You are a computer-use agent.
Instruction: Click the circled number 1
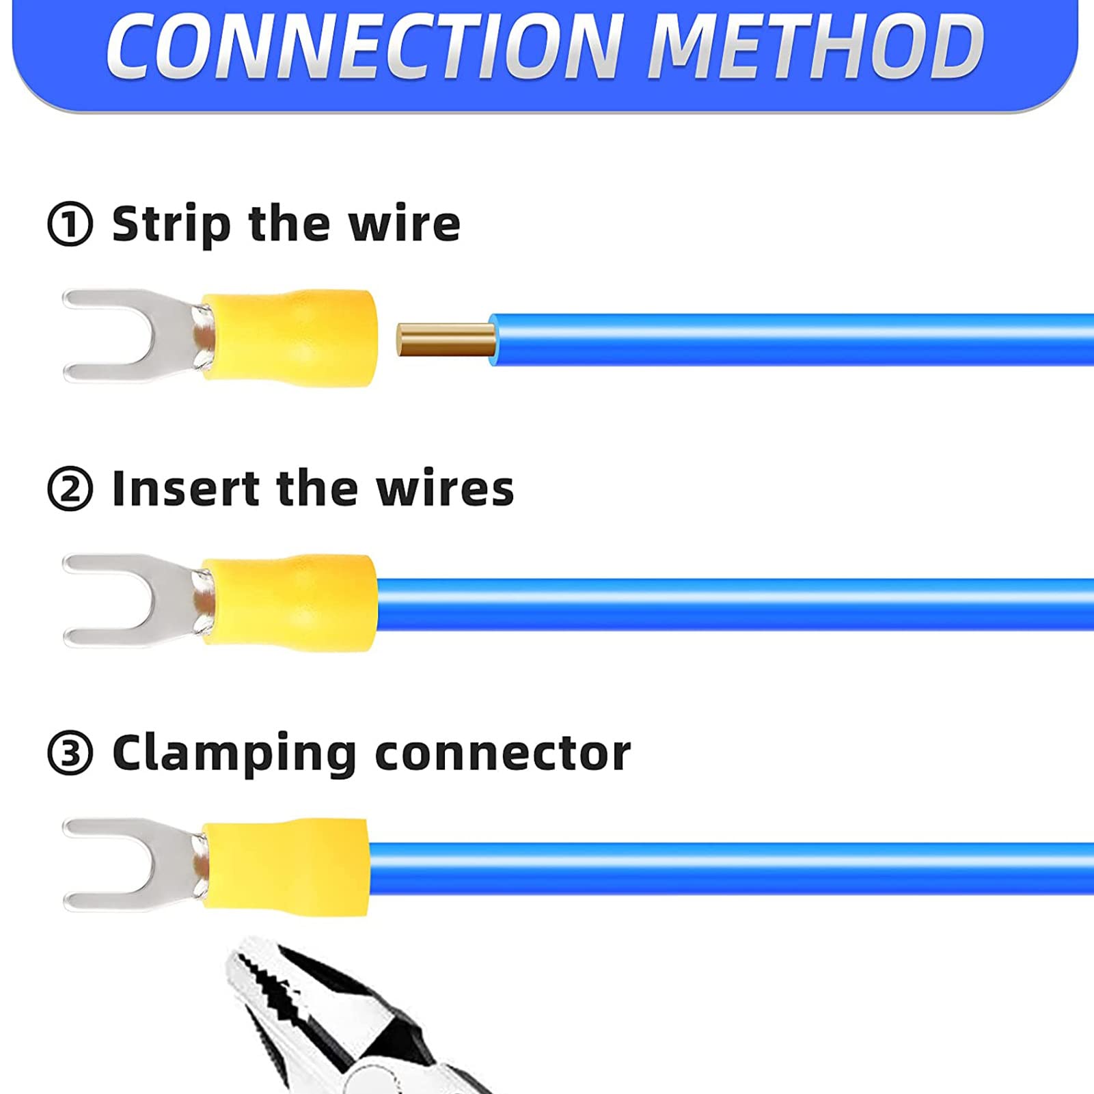(x=70, y=224)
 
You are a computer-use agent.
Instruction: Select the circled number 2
(x=70, y=489)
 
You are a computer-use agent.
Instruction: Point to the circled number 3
(x=70, y=753)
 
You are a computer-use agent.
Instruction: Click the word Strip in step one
(x=172, y=224)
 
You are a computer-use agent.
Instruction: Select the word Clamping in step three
(x=234, y=754)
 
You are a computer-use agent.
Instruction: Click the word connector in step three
(x=503, y=754)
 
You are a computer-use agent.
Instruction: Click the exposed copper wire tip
(x=446, y=340)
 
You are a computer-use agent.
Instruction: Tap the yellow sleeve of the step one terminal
(x=290, y=338)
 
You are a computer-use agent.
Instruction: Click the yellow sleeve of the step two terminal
(x=290, y=603)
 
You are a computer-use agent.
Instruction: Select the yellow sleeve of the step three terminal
(x=286, y=867)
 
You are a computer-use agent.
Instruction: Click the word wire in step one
(x=405, y=224)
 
